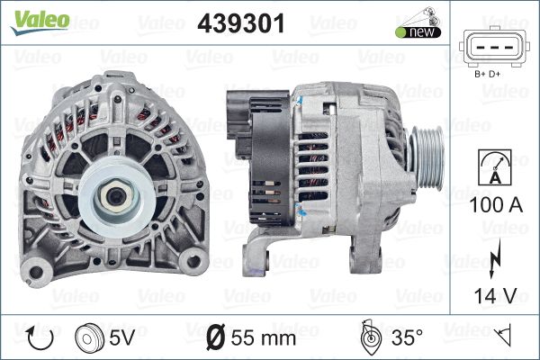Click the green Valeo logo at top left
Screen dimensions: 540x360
point(40,22)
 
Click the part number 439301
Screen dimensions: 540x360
point(241,23)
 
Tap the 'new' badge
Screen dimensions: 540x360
point(418,32)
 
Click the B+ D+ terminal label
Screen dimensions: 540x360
point(487,74)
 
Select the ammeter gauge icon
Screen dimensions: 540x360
point(495,167)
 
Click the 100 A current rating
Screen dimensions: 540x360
point(496,204)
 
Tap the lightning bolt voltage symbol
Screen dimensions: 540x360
point(494,258)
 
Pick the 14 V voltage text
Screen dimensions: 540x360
point(496,295)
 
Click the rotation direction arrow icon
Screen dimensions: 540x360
point(40,337)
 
